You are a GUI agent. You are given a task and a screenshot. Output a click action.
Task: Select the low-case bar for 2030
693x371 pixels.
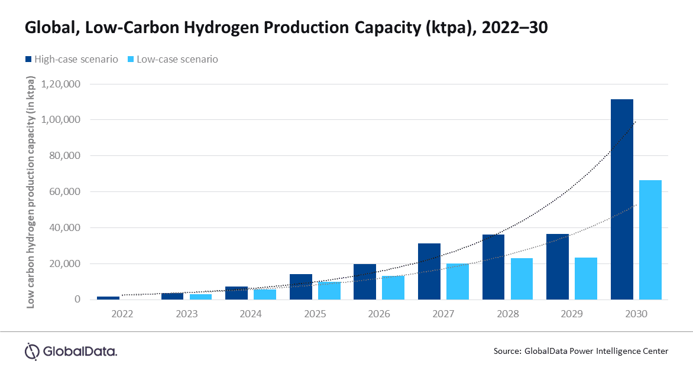(x=650, y=240)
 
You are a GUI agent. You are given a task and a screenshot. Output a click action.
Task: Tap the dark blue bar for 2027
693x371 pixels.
(x=429, y=271)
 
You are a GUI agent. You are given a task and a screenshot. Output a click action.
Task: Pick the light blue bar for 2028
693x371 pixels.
(x=522, y=279)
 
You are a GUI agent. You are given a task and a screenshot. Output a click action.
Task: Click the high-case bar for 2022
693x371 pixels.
(x=108, y=298)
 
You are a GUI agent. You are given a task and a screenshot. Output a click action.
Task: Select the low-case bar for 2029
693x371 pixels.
(x=585, y=278)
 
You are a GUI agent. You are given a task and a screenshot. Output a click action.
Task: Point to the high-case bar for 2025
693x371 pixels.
(x=300, y=287)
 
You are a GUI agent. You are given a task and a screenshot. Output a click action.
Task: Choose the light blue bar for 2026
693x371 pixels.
(x=393, y=288)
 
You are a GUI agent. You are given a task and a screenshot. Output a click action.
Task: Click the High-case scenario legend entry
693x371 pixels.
(x=71, y=59)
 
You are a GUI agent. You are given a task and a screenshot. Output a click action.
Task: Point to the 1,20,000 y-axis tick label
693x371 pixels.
(x=60, y=84)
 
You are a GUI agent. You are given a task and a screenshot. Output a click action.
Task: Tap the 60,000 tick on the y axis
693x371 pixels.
(x=64, y=191)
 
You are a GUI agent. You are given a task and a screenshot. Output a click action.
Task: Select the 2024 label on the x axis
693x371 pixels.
(x=251, y=314)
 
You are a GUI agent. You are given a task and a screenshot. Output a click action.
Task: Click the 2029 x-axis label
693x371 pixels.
(x=571, y=314)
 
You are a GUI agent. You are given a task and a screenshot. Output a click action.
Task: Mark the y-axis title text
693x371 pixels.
(x=30, y=192)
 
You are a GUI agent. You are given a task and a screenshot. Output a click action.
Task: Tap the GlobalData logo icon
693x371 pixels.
(x=31, y=351)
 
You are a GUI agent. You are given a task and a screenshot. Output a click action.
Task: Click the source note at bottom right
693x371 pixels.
(x=581, y=351)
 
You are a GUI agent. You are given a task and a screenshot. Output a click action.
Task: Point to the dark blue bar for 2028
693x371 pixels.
(x=493, y=267)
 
